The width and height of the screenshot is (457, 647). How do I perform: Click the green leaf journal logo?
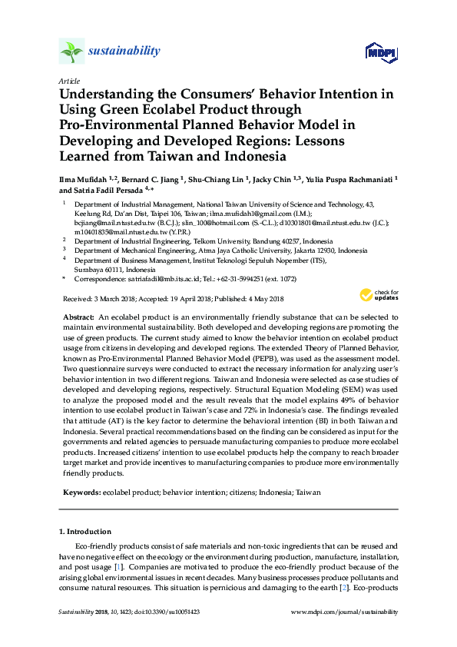click(71, 51)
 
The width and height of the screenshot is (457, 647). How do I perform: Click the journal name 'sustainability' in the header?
click(124, 51)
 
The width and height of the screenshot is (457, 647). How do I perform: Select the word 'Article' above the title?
click(68, 80)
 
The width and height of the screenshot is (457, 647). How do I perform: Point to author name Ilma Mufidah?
click(81, 179)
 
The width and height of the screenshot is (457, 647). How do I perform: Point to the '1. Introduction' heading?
click(87, 532)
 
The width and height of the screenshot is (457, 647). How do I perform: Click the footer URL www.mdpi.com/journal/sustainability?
click(345, 612)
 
